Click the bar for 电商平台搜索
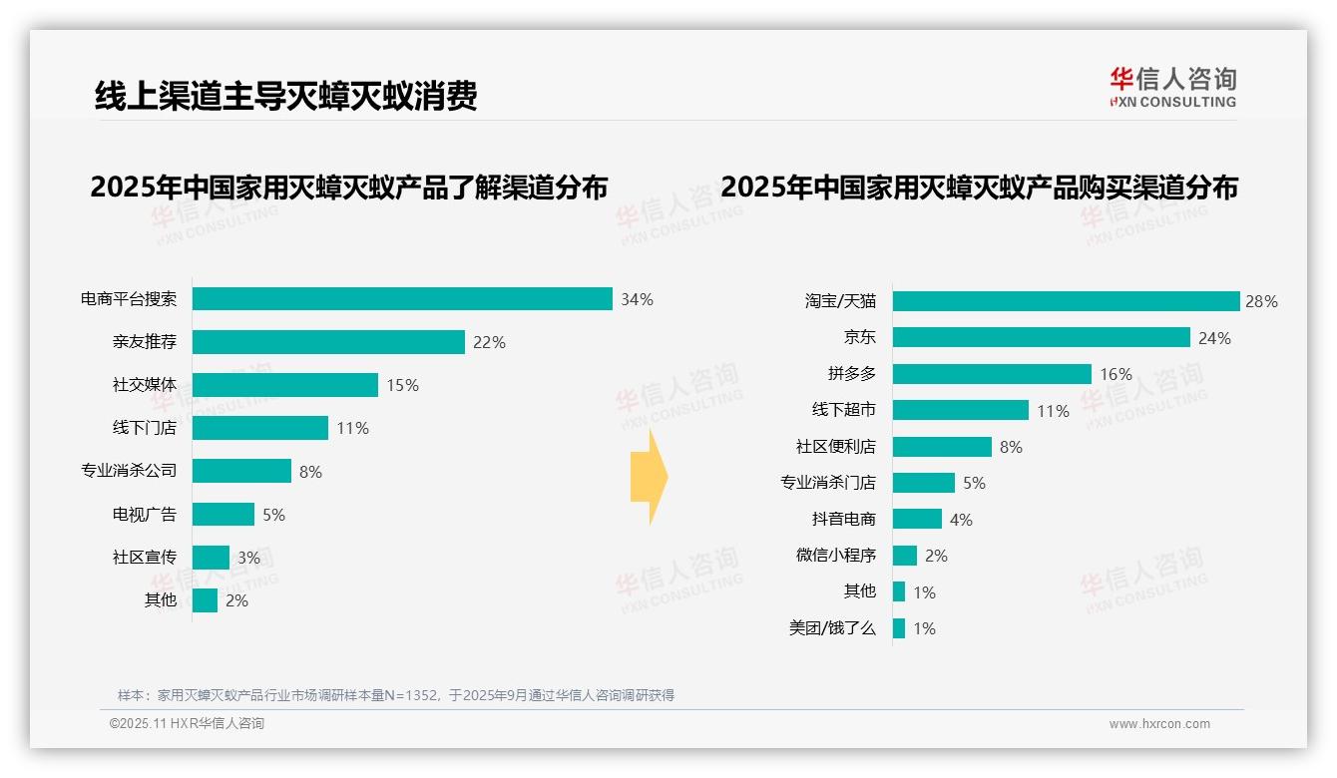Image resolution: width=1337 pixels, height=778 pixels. (401, 299)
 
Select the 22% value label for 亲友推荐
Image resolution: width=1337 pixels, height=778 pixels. (489, 342)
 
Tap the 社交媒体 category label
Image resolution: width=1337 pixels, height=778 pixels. (144, 385)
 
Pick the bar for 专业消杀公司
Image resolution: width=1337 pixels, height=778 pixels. (241, 471)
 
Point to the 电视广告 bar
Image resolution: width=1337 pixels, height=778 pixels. (223, 515)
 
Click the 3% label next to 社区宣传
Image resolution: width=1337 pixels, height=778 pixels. (248, 558)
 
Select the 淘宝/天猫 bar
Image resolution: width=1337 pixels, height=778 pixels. (1066, 301)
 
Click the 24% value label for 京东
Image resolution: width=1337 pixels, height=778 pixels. (1214, 338)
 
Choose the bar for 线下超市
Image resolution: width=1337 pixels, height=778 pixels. (960, 410)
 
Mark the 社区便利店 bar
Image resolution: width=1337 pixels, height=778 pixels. (942, 447)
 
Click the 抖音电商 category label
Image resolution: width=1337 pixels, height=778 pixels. (843, 519)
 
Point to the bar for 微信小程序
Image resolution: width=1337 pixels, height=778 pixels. (905, 556)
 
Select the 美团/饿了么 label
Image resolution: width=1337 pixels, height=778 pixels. (831, 628)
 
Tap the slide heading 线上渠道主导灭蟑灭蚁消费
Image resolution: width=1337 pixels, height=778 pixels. (285, 95)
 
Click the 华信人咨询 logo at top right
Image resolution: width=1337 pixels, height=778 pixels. (1172, 88)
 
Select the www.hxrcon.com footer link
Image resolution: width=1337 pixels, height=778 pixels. (1159, 724)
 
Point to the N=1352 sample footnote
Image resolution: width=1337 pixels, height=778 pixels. (395, 695)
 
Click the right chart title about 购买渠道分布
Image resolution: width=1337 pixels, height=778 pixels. (979, 188)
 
